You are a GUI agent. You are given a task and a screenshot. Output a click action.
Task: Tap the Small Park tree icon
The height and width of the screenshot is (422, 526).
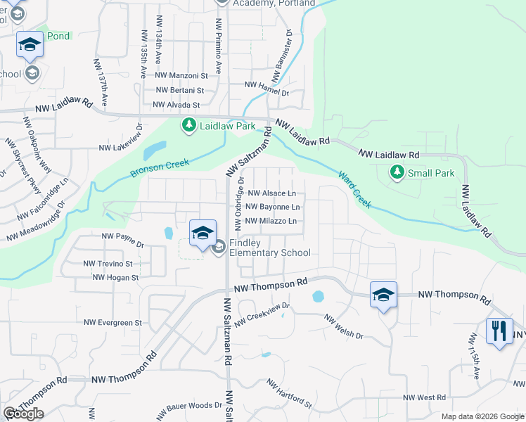[x=397, y=172]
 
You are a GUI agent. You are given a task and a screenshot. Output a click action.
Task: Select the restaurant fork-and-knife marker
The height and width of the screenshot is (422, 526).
[x=499, y=331]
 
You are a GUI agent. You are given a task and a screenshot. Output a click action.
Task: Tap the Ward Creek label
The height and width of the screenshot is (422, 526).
[x=354, y=189]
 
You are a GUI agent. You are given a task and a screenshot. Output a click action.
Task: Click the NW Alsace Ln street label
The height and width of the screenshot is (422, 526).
[x=271, y=193]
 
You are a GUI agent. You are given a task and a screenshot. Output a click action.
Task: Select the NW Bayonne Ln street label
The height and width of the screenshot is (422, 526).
[x=274, y=207]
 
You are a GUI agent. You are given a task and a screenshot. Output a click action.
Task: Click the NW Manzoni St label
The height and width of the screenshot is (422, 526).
[x=181, y=75]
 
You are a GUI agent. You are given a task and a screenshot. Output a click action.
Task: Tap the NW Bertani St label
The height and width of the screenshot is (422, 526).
[x=179, y=90]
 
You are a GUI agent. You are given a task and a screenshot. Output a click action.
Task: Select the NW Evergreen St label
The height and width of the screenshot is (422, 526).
[x=113, y=323]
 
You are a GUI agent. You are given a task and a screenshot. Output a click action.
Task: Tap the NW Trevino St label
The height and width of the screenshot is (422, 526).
[x=108, y=264]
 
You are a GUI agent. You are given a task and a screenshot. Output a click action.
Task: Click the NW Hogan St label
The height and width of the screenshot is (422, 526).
[x=115, y=278]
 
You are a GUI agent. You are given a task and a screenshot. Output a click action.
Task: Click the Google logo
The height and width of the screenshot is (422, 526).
[x=24, y=414]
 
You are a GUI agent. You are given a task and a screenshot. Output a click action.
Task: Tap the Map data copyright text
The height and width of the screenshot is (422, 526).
[x=482, y=416]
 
